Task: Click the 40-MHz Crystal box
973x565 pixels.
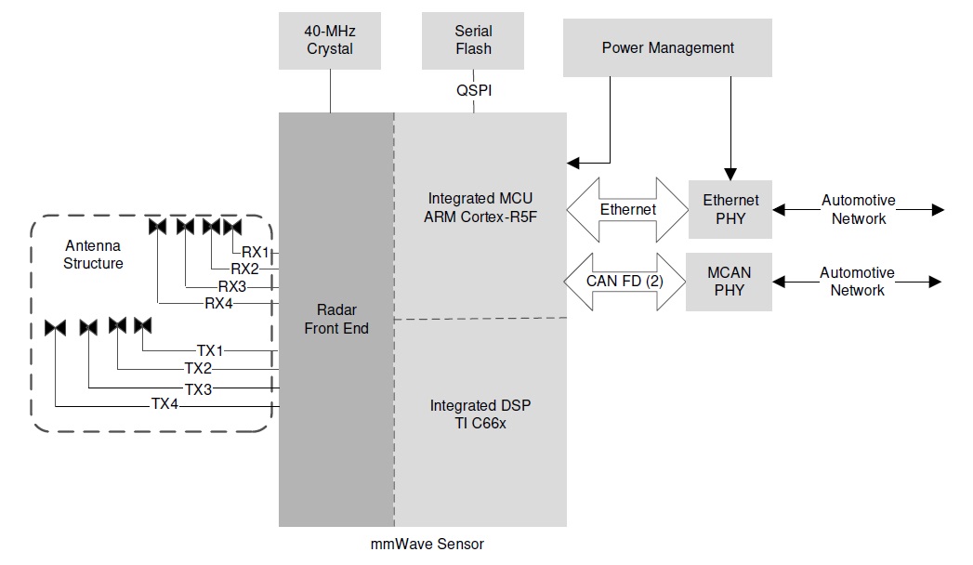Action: click(x=330, y=40)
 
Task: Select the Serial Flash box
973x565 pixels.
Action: click(x=473, y=40)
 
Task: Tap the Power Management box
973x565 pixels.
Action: click(x=667, y=47)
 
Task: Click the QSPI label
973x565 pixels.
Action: click(x=473, y=92)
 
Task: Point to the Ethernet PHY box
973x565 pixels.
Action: click(x=730, y=209)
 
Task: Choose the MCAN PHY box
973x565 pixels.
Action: click(x=730, y=282)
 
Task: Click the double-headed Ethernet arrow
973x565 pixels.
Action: click(x=627, y=210)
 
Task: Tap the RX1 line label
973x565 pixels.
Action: click(x=255, y=252)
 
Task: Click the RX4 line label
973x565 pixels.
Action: click(x=220, y=303)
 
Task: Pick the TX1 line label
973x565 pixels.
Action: click(x=211, y=350)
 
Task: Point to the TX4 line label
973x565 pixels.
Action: click(x=166, y=405)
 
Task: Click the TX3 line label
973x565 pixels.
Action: click(x=198, y=388)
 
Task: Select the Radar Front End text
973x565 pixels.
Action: click(x=336, y=319)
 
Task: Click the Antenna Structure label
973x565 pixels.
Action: click(x=93, y=255)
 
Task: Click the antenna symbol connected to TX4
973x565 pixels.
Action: click(x=55, y=327)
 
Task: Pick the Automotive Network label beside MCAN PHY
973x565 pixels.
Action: click(x=857, y=282)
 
